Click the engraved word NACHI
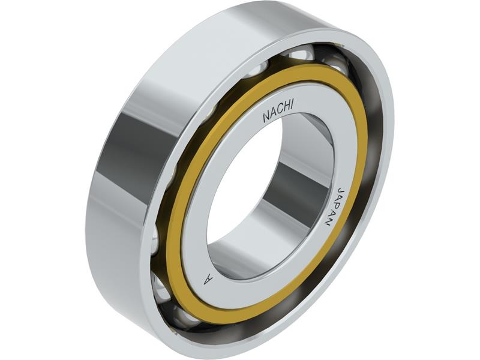pyautogui.click(x=278, y=113)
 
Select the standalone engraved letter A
pyautogui.click(x=208, y=279)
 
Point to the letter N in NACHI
pyautogui.click(x=266, y=118)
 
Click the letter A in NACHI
pyautogui.click(x=273, y=115)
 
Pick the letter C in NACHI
pyautogui.click(x=280, y=112)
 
